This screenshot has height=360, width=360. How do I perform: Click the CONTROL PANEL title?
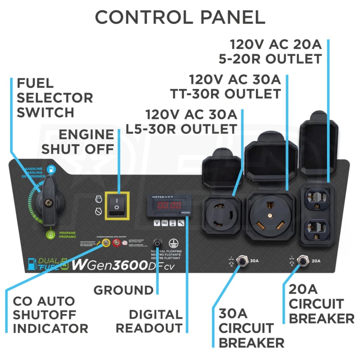(180, 17)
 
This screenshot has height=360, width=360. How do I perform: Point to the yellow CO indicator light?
(106, 243)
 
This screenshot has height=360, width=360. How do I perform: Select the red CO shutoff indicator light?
(117, 243)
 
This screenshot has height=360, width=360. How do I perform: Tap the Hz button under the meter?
(165, 223)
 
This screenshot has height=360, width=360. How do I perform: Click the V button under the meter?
(157, 223)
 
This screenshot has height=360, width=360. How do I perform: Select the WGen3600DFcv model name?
(126, 265)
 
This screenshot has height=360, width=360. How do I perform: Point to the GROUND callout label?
(123, 290)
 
